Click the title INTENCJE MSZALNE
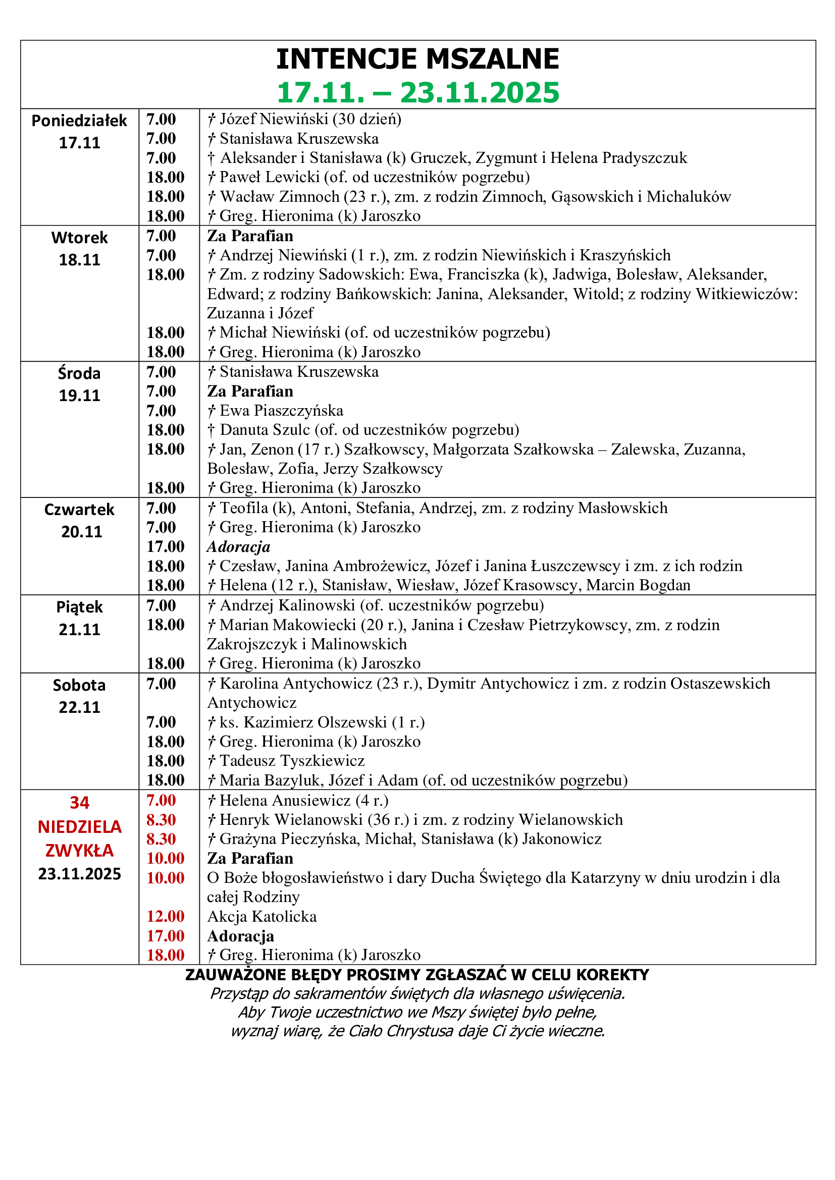(417, 59)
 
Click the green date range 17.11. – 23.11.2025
(417, 92)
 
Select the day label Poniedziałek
(79, 121)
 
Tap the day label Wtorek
(79, 238)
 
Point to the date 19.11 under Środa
(79, 396)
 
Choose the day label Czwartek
(79, 510)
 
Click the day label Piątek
(79, 607)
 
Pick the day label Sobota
(79, 686)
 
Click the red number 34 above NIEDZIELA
(79, 803)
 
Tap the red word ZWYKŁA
(79, 851)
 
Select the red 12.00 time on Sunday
(165, 916)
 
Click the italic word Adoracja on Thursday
(239, 547)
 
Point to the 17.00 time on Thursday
(165, 547)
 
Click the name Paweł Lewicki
(270, 177)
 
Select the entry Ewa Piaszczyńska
(281, 411)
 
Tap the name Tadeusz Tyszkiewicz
(292, 761)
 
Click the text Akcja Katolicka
(262, 916)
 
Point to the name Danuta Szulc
(265, 430)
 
